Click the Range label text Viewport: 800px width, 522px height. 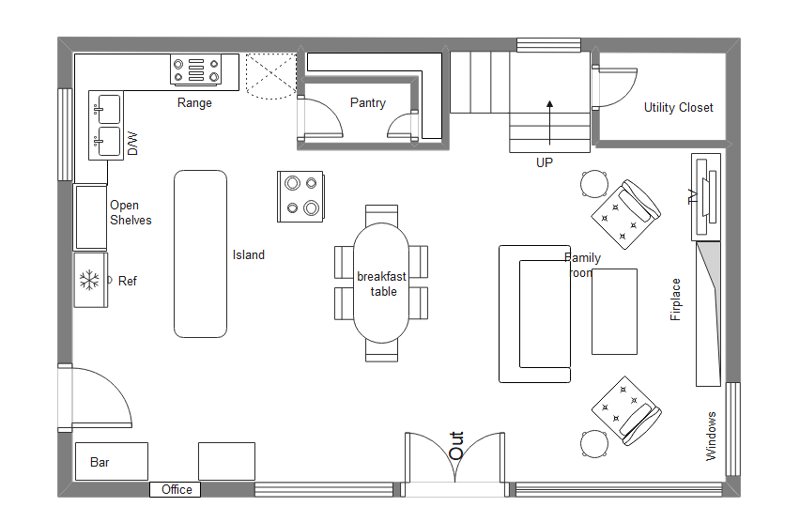click(194, 103)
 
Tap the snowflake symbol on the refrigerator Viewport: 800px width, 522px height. click(90, 280)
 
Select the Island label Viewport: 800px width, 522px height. click(249, 254)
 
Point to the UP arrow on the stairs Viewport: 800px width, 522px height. click(550, 109)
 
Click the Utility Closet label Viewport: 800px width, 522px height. click(678, 108)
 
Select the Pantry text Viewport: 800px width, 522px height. click(367, 103)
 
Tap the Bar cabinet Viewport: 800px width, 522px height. click(111, 462)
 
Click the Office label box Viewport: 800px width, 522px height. click(176, 489)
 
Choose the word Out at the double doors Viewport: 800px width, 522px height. click(456, 445)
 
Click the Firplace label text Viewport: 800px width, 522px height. click(675, 299)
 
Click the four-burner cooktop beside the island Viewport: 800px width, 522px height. click(300, 196)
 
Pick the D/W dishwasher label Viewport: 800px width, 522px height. click(132, 144)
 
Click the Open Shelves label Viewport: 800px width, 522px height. click(130, 213)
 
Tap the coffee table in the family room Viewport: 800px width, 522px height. click(614, 312)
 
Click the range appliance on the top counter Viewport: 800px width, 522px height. click(195, 70)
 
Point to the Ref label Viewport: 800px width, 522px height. click(128, 281)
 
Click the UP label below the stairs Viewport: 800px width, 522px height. click(545, 162)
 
